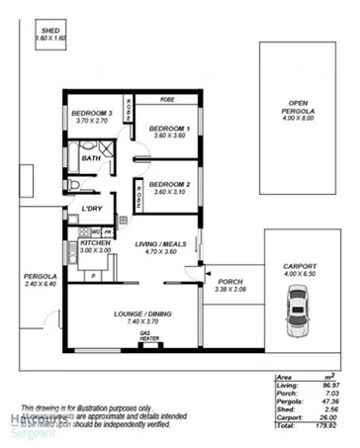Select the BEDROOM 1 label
[169, 128]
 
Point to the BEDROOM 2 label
[169, 183]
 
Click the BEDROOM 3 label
[91, 114]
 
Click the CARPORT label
[300, 266]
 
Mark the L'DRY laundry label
[93, 208]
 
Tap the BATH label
[91, 157]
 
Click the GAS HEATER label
[149, 337]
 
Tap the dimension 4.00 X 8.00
[299, 119]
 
